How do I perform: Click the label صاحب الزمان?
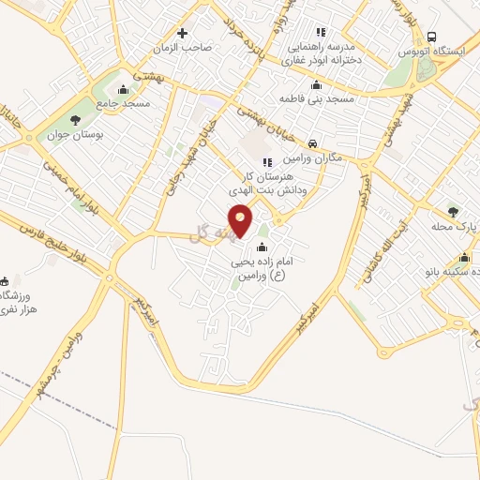186,46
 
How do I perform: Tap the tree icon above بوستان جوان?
73,120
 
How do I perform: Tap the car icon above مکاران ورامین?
311,144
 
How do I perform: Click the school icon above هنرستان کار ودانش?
268,162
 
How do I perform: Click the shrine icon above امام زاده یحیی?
261,247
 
